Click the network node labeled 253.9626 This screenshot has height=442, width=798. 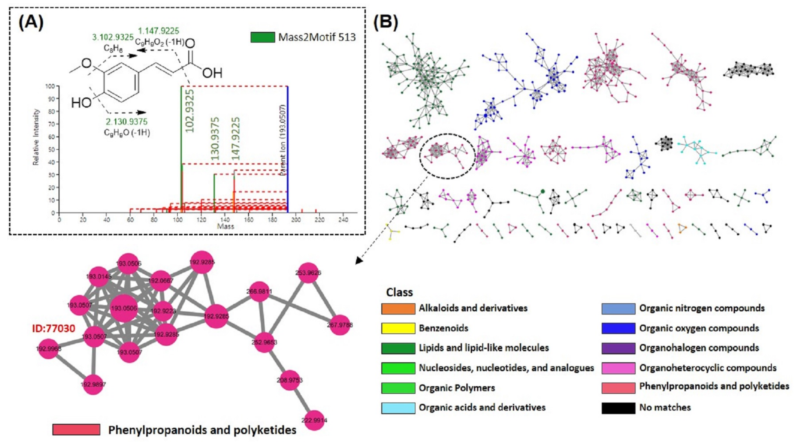click(x=308, y=273)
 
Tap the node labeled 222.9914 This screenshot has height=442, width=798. click(x=314, y=420)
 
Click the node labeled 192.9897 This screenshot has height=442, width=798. click(x=93, y=385)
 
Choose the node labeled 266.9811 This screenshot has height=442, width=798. click(x=259, y=291)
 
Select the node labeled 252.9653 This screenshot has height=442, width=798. click(x=264, y=342)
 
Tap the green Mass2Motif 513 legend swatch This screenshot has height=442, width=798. click(x=262, y=37)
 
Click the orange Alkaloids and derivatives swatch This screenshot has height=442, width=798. click(x=398, y=308)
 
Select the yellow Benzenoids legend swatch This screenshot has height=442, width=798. click(x=398, y=328)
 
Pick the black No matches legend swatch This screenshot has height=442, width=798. click(x=618, y=408)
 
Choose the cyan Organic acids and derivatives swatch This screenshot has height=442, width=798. click(x=398, y=408)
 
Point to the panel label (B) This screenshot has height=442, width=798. click(x=385, y=22)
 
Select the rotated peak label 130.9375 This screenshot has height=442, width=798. click(x=215, y=139)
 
